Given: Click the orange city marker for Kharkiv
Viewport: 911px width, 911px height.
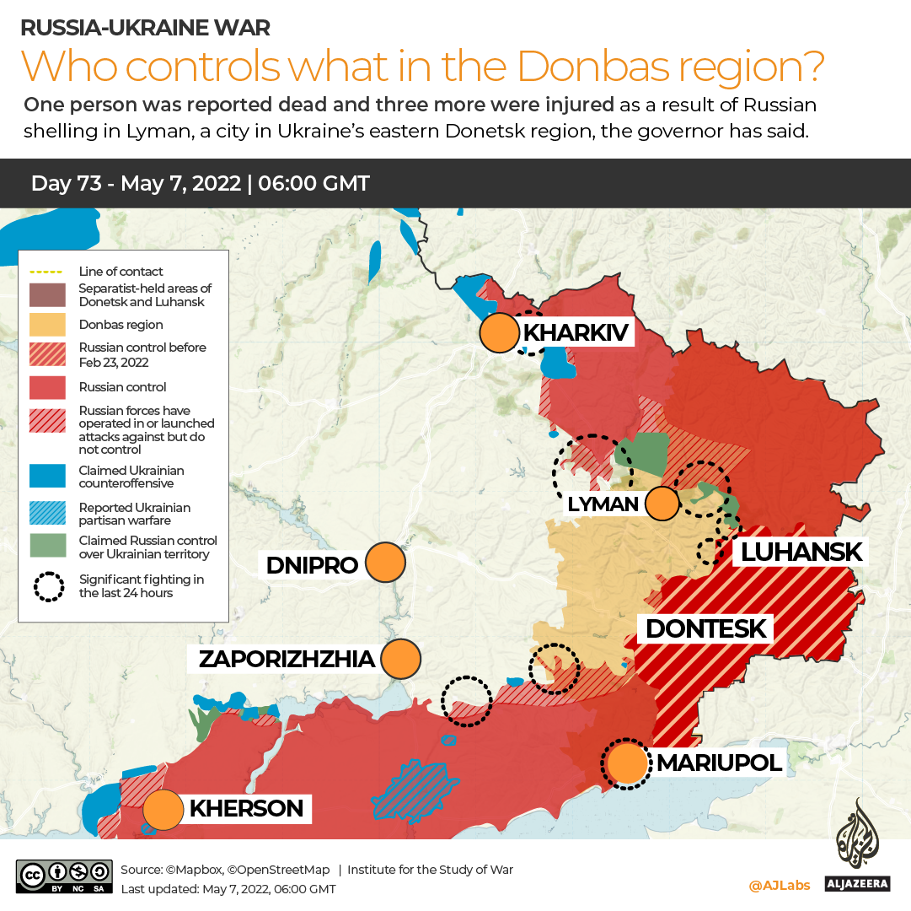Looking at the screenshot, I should point(498,332).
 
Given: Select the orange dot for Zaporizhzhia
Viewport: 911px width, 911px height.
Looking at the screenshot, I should point(400,659).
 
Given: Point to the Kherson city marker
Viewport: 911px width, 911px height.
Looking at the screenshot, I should point(163,809).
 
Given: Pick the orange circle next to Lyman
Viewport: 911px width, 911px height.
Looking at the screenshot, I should point(662,504).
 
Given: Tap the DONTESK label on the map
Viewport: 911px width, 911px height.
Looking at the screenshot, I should point(705,628).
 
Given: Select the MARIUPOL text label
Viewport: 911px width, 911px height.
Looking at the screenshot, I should point(718,763).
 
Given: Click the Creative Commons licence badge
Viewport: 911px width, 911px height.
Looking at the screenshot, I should point(64,876).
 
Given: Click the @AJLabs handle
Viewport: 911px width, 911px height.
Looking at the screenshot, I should point(779,885).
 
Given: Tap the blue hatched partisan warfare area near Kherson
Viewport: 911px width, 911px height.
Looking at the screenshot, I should point(412,789).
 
